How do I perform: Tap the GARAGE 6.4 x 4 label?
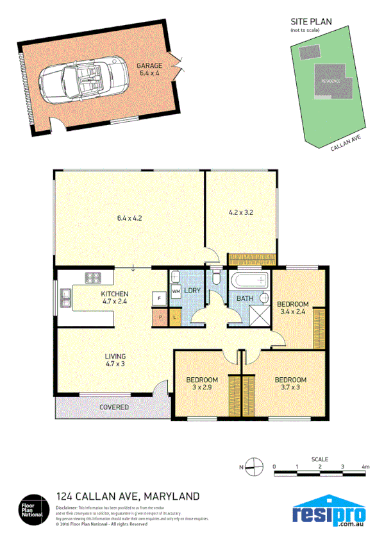coord(149,70)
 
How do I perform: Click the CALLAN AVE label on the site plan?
coord(346,144)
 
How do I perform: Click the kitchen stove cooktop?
coord(94,278)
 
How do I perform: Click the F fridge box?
coord(157,298)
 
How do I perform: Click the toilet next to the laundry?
coord(217,278)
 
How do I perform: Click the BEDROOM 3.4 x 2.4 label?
coord(293,308)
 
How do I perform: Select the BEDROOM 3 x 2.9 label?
coord(203,383)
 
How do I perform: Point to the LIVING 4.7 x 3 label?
coord(115,361)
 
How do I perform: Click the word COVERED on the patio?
coord(114,407)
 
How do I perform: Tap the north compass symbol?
coord(255,467)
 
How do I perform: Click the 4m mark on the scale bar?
coord(365,467)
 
